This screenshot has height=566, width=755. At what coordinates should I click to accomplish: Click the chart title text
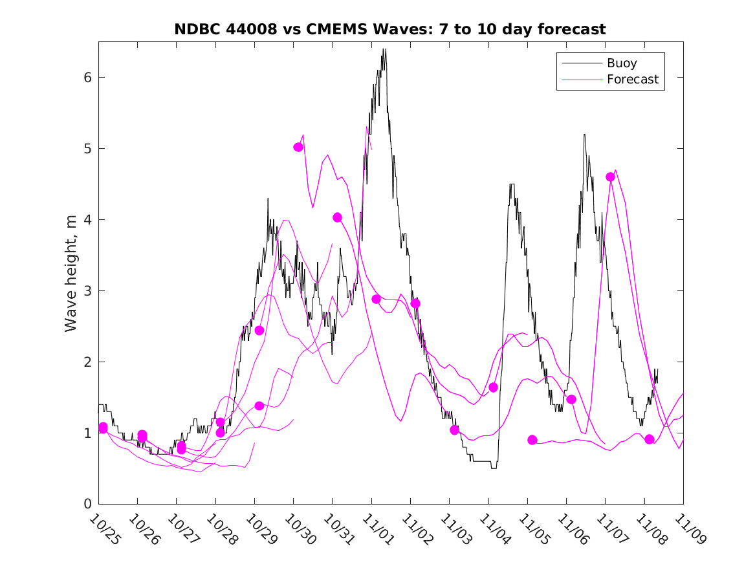pyautogui.click(x=390, y=29)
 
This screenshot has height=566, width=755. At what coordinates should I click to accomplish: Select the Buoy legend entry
pyautogui.click(x=622, y=63)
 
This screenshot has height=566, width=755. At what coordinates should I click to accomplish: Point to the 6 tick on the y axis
pyautogui.click(x=89, y=78)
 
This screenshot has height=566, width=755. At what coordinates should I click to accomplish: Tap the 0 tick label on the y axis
pyautogui.click(x=89, y=504)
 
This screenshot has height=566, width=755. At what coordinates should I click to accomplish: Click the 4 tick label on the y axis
pyautogui.click(x=89, y=220)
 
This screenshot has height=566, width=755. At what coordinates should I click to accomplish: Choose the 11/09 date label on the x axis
pyautogui.click(x=688, y=529)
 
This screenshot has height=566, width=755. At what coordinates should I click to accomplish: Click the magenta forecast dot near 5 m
pyautogui.click(x=298, y=147)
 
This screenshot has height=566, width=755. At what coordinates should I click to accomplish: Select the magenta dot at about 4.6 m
pyautogui.click(x=610, y=177)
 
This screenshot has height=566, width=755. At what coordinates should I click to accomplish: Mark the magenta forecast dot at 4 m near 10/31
pyautogui.click(x=337, y=217)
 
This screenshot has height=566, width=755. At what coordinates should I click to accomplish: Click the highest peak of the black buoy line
pyautogui.click(x=384, y=49)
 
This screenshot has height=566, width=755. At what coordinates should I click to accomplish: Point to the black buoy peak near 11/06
pyautogui.click(x=584, y=135)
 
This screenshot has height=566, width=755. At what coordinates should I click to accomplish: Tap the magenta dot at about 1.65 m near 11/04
pyautogui.click(x=493, y=387)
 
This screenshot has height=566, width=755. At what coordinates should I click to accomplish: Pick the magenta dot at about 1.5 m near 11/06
pyautogui.click(x=571, y=399)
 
